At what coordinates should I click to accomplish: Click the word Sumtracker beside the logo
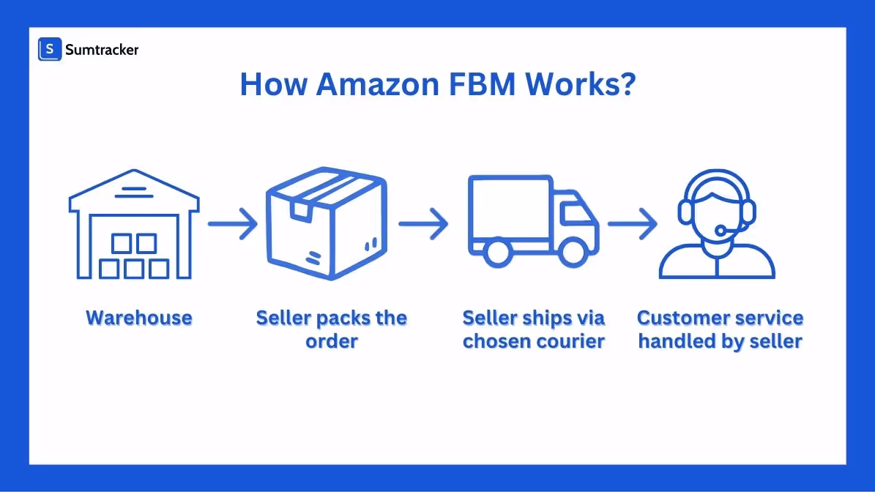coord(101,50)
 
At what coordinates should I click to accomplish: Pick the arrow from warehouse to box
coord(233,223)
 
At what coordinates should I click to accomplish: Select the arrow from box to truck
coord(423,223)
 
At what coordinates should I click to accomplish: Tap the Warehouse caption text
coord(139,318)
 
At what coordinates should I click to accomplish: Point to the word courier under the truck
coord(570,341)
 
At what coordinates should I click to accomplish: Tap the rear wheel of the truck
coord(499,251)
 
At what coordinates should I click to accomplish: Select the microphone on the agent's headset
coord(721,231)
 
